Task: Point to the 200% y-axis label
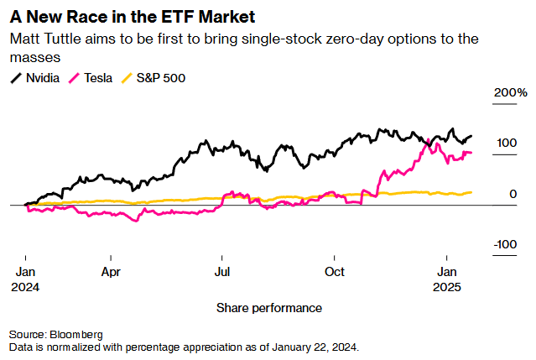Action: click(510, 92)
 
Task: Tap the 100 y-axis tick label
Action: click(506, 143)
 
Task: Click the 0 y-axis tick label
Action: click(513, 195)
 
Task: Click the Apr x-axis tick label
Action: click(112, 272)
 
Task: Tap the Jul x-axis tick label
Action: click(222, 272)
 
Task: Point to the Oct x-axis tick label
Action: click(335, 272)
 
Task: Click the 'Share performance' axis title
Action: click(268, 308)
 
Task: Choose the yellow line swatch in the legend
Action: click(129, 78)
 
